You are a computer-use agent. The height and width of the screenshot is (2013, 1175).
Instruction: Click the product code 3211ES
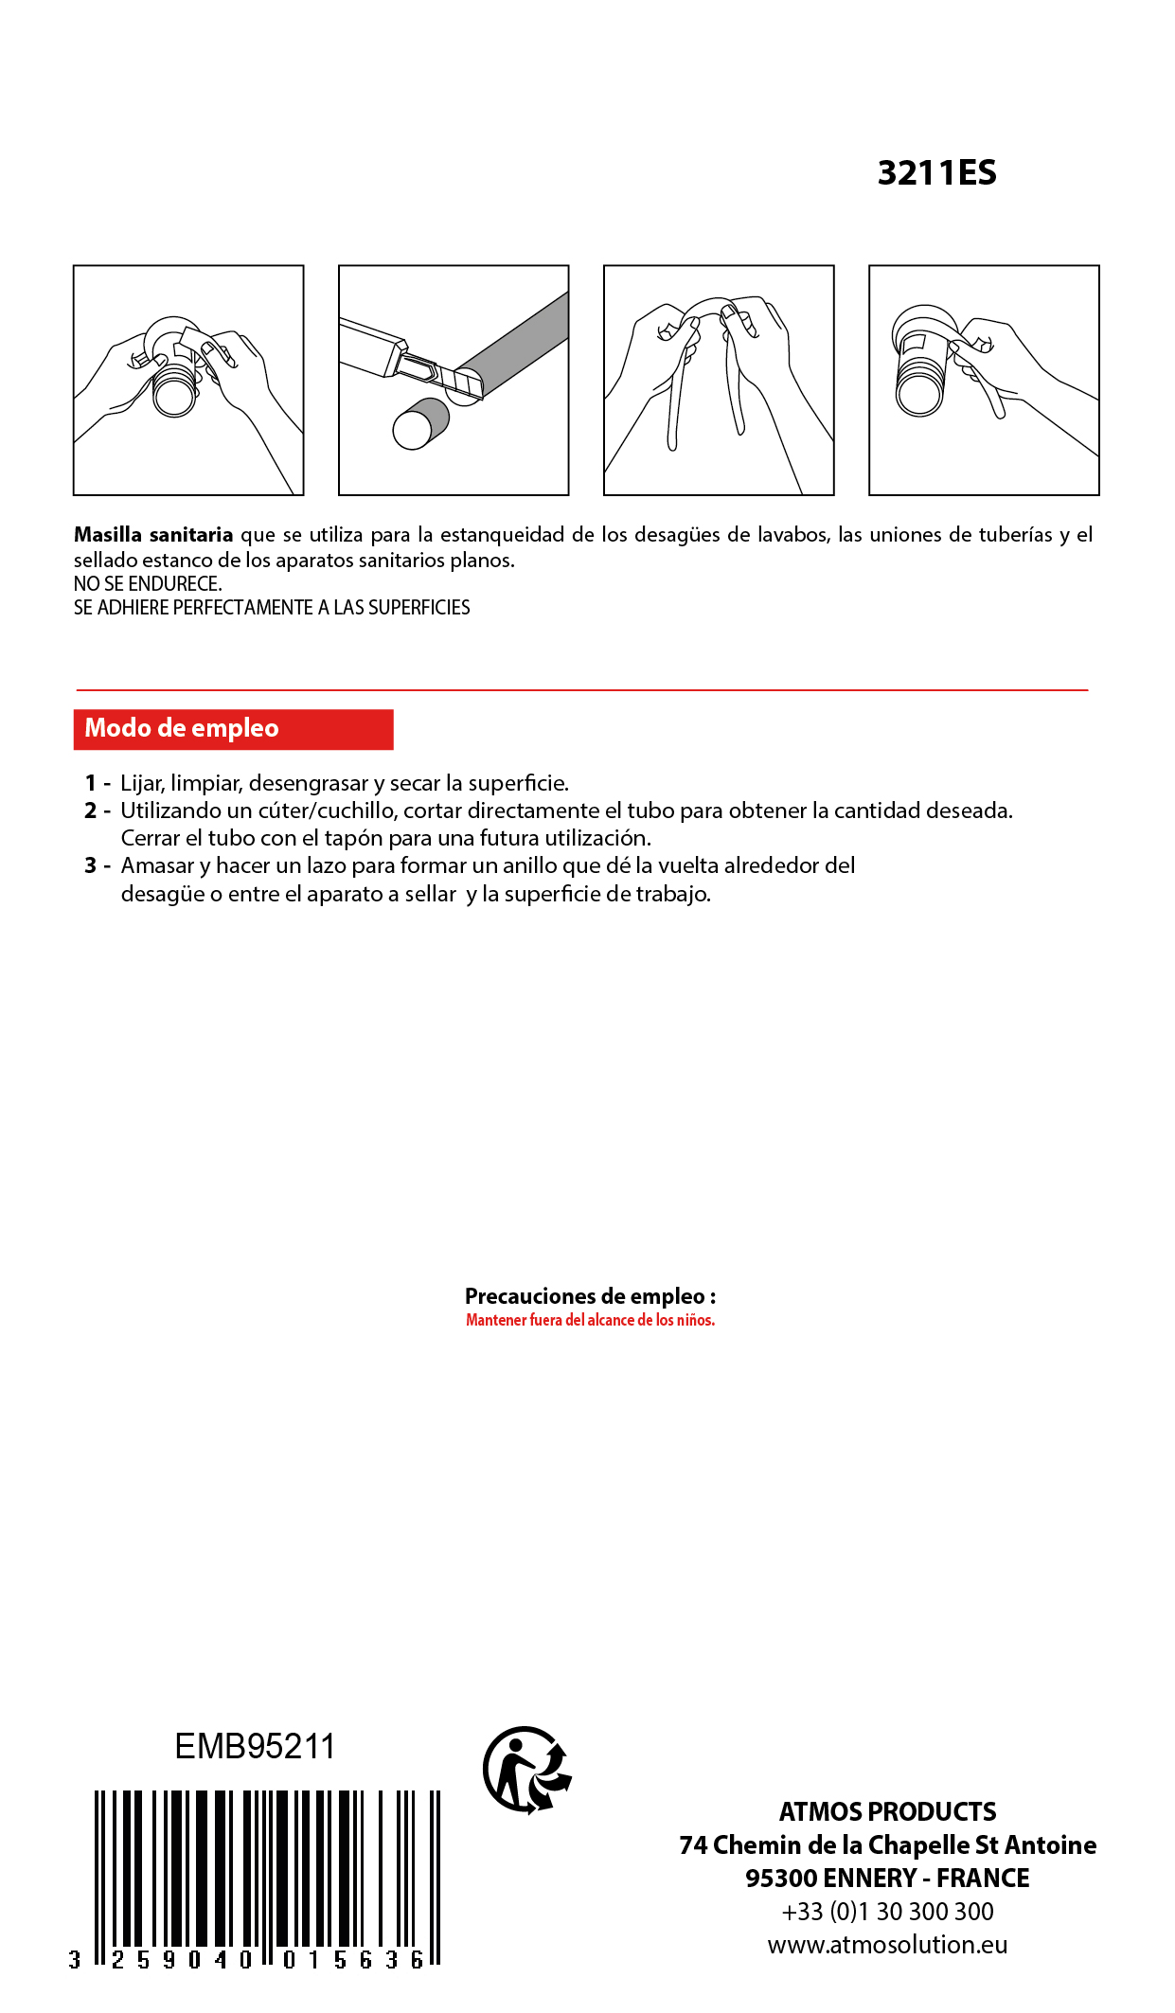936,173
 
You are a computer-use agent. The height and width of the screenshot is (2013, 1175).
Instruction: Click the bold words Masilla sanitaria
153,535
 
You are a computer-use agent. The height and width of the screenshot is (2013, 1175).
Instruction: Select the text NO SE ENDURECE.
148,584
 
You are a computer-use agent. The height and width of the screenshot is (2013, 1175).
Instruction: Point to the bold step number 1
90,783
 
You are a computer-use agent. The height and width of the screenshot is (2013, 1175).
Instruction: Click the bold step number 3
90,865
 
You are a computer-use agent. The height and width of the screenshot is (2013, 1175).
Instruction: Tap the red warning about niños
590,1320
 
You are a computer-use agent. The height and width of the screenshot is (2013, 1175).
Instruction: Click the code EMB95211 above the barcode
255,1747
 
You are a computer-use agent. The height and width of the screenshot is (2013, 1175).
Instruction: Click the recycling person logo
526,1770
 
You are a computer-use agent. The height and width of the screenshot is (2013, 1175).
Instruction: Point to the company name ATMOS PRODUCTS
887,1812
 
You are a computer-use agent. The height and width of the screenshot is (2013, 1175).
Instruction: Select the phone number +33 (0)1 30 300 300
887,1912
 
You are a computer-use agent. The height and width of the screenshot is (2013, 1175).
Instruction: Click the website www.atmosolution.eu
887,1945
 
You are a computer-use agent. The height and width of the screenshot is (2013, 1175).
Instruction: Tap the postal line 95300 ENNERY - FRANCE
887,1879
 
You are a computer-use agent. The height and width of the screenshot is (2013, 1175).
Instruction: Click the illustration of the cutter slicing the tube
454,380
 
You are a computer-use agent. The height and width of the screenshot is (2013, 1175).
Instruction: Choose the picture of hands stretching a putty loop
719,380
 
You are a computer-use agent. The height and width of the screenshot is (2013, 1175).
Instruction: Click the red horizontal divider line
581,690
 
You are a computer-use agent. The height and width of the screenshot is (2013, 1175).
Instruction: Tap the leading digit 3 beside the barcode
75,1960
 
